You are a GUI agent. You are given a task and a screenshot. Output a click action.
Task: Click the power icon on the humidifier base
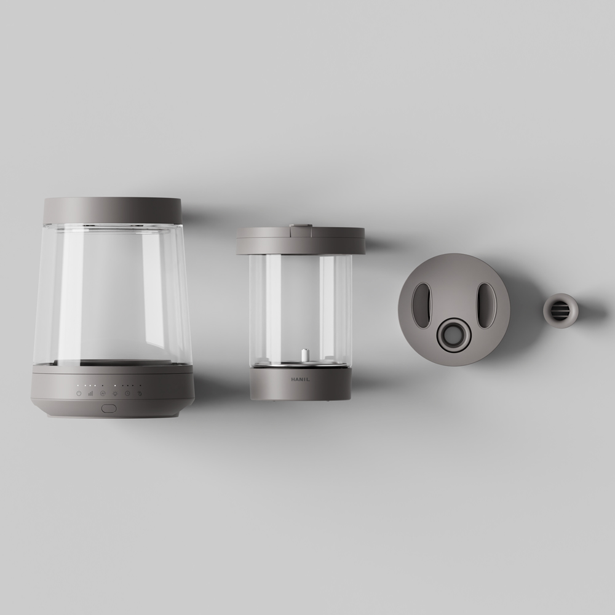point(79,393)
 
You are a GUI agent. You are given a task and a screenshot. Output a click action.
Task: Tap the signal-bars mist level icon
point(90,393)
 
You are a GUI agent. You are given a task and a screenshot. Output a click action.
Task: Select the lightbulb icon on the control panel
point(116,393)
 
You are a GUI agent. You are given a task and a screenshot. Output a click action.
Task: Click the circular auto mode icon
point(103,393)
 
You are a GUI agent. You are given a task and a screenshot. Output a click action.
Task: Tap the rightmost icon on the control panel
point(139,393)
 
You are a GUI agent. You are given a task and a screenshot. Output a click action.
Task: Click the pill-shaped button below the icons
point(109,409)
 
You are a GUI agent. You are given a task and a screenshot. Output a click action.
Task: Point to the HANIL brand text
point(300,379)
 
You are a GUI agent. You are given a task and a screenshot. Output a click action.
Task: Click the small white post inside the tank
point(303,355)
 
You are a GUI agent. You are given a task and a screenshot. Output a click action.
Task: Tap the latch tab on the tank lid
point(301,226)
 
